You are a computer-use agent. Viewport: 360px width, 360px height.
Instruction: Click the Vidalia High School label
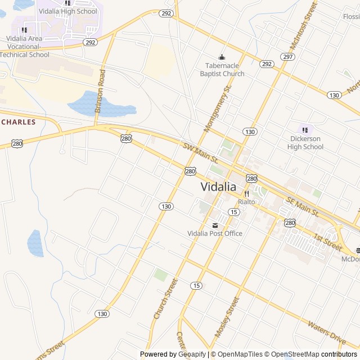(68, 11)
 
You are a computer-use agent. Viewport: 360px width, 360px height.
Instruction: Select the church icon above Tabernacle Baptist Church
(222, 57)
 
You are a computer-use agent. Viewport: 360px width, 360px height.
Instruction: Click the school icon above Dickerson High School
(305, 130)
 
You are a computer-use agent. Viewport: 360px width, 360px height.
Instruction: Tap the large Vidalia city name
(219, 187)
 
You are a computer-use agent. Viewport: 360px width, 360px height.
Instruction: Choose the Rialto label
(246, 201)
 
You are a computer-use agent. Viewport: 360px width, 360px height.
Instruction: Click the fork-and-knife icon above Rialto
(246, 193)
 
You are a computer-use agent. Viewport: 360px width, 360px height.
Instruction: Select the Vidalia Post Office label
(215, 233)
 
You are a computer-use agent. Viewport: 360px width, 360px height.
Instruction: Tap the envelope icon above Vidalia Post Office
(215, 226)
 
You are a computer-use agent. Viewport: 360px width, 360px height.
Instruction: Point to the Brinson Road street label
(101, 92)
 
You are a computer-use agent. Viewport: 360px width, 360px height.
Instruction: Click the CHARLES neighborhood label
(19, 122)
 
